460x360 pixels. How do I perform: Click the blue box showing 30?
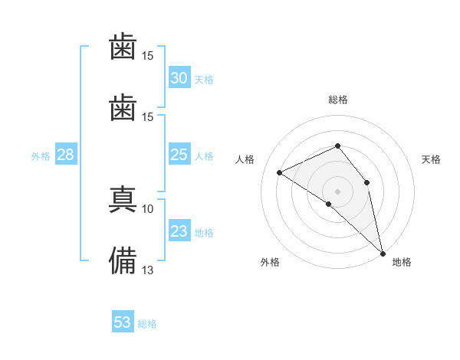point(179,77)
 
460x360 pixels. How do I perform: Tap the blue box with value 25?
point(179,154)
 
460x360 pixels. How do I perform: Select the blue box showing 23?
point(179,230)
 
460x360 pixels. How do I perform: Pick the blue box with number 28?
point(66,154)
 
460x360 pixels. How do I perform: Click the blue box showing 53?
point(123,321)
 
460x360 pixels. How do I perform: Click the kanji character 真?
point(123,199)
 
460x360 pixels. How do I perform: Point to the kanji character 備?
point(123,260)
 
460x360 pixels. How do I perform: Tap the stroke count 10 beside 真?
point(147,209)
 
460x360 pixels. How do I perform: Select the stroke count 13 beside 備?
point(147,270)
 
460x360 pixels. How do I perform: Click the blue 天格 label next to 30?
point(204,80)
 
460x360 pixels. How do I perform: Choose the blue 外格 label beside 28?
point(41,156)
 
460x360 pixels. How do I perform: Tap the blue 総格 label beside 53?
point(147,324)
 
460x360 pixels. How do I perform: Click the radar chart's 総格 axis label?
point(338,100)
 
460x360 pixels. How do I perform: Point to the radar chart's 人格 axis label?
point(245,159)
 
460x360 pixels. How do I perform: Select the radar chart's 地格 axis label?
point(402,262)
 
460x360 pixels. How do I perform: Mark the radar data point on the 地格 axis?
point(383,254)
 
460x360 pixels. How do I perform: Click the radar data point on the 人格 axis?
point(280,172)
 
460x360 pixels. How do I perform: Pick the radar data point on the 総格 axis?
point(337,146)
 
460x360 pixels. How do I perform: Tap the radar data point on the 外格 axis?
point(329,204)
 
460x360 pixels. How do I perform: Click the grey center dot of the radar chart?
point(337,191)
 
